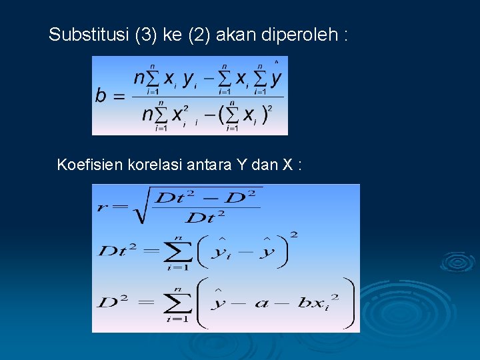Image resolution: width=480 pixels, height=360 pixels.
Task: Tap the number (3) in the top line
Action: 145,35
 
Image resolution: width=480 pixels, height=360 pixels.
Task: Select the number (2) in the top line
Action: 199,35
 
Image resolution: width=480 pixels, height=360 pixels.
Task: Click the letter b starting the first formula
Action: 101,96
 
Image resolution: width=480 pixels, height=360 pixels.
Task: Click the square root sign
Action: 139,207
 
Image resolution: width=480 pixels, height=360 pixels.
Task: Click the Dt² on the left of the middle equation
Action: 119,251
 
